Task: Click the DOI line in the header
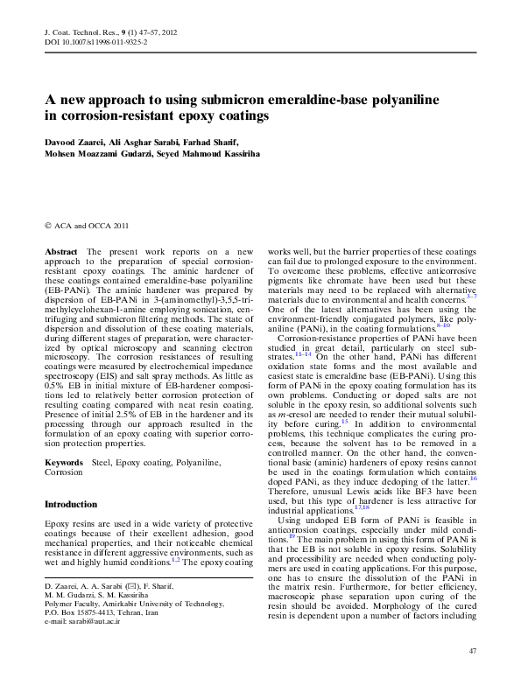(x=95, y=41)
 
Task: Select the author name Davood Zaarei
(x=77, y=141)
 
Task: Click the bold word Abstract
(x=61, y=251)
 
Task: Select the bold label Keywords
(x=64, y=461)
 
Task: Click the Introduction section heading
(x=71, y=505)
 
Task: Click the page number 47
(x=472, y=651)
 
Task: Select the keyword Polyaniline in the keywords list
(x=197, y=461)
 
